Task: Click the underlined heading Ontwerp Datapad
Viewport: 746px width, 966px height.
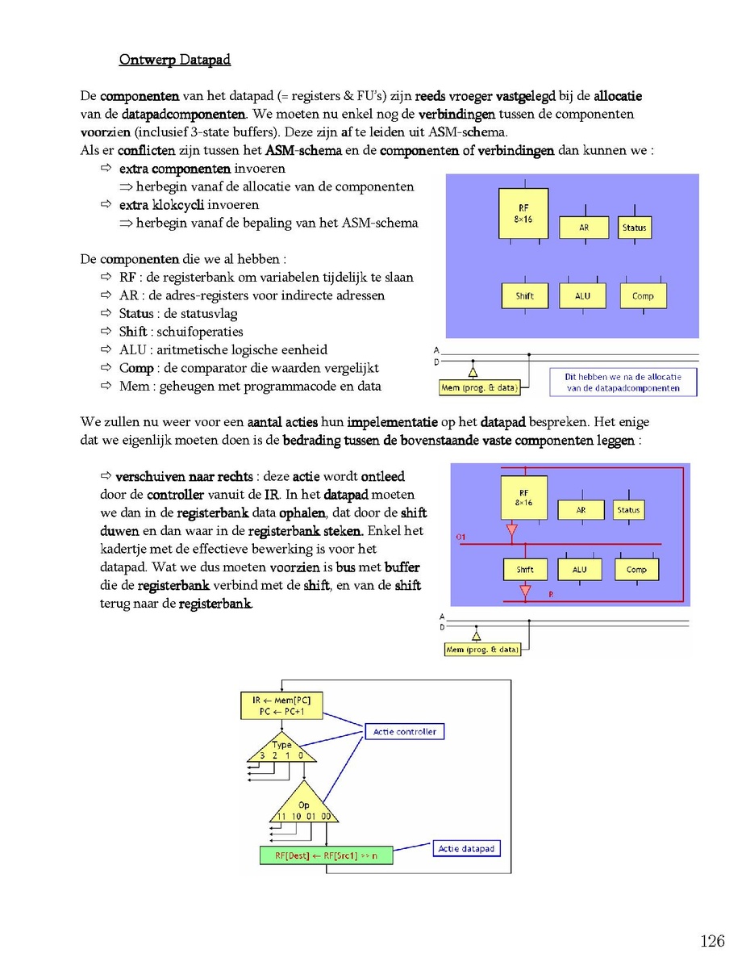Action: pyautogui.click(x=175, y=60)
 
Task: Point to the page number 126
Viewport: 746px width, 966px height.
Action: pyautogui.click(x=712, y=941)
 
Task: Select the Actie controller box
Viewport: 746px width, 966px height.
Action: pyautogui.click(x=404, y=731)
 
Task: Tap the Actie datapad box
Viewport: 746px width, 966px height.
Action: pyautogui.click(x=466, y=848)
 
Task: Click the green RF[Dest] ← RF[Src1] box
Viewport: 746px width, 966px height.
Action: pyautogui.click(x=326, y=855)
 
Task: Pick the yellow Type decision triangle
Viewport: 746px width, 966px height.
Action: pyautogui.click(x=282, y=747)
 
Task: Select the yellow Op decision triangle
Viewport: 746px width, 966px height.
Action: pyautogui.click(x=303, y=803)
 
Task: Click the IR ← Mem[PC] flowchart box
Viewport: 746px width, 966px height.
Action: pyautogui.click(x=281, y=706)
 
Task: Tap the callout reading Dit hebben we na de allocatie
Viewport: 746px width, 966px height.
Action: pyautogui.click(x=623, y=383)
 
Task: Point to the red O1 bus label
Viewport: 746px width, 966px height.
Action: pyautogui.click(x=461, y=537)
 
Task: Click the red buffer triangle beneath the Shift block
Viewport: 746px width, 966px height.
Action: pyautogui.click(x=525, y=592)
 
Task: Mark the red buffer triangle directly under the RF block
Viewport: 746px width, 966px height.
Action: pyautogui.click(x=511, y=530)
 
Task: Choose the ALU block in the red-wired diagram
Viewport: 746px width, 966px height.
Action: pyautogui.click(x=579, y=569)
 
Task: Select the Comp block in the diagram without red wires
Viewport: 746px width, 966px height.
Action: pyautogui.click(x=644, y=295)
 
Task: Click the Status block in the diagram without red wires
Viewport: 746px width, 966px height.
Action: pyautogui.click(x=635, y=228)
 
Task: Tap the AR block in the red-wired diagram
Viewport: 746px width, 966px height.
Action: pyautogui.click(x=581, y=510)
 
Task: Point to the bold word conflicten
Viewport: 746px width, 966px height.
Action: pyautogui.click(x=147, y=150)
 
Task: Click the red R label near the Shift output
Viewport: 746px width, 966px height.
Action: pyautogui.click(x=551, y=595)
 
